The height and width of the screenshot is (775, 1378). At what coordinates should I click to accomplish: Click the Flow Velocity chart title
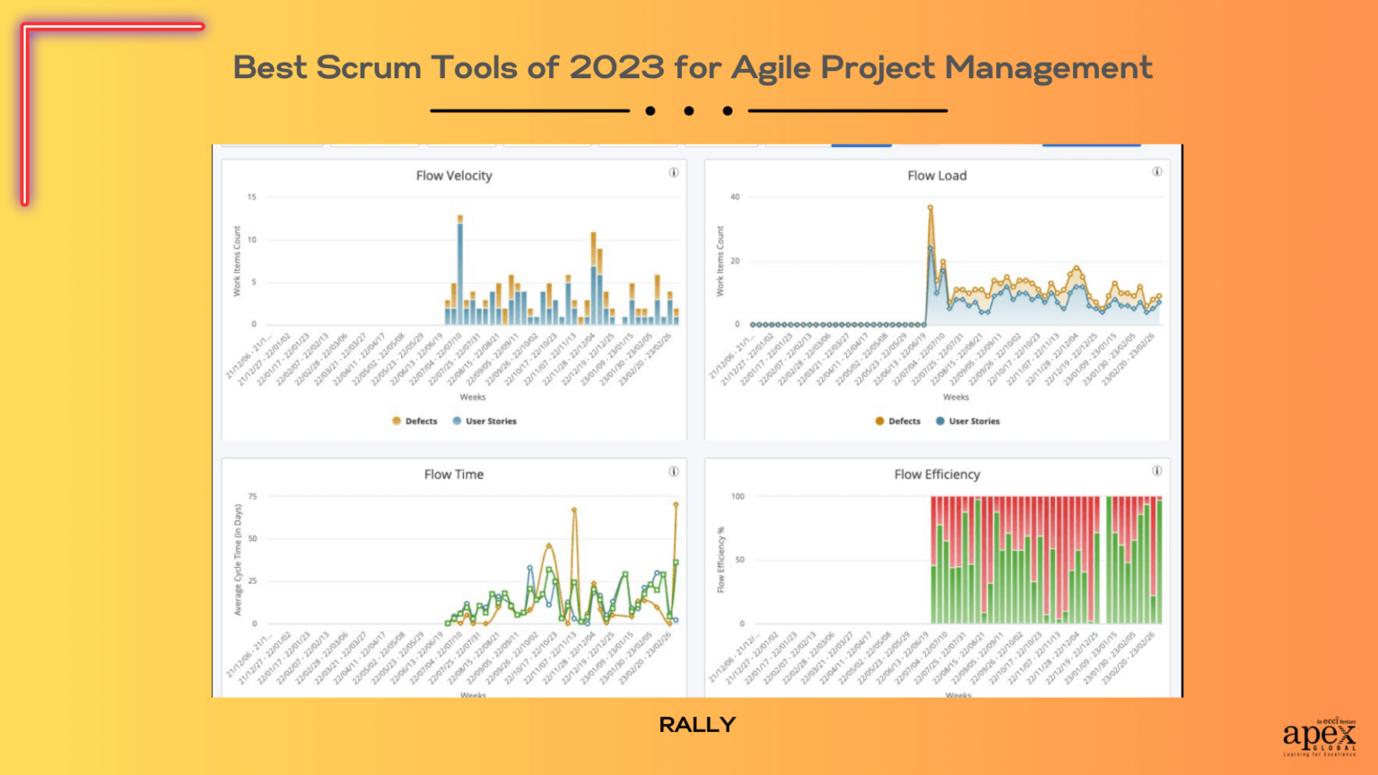tap(454, 176)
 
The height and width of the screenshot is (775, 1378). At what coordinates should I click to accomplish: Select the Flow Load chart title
tap(937, 176)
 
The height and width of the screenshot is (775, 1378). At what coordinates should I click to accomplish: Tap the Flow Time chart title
tap(454, 475)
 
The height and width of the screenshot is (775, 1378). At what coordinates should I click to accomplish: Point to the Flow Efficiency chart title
tap(937, 475)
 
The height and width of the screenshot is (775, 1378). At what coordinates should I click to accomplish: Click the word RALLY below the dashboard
tap(697, 725)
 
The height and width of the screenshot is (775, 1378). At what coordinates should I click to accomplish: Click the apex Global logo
tap(1319, 736)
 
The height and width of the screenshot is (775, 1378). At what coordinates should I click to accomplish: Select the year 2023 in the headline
tap(617, 68)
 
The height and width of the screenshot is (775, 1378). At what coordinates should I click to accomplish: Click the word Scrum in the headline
tap(368, 68)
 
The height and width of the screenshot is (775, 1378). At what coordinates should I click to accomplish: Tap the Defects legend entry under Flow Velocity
tap(414, 421)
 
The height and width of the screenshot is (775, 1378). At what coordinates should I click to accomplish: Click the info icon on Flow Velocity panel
tap(674, 172)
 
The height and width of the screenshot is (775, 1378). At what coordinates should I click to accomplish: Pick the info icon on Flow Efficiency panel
tap(1157, 471)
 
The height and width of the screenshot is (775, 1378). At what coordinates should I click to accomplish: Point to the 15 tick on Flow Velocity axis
tap(252, 196)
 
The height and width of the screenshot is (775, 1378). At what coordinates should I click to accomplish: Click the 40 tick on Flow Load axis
tap(735, 196)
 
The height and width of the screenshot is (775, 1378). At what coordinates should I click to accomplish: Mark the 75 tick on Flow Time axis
tap(252, 496)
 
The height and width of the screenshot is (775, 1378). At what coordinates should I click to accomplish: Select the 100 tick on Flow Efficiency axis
tap(737, 496)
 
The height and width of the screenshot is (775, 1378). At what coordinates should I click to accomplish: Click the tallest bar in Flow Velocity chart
tap(460, 269)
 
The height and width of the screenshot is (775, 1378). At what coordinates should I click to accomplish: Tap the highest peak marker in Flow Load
tap(930, 207)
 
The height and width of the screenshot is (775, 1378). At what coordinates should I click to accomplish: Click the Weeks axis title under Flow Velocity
tap(473, 396)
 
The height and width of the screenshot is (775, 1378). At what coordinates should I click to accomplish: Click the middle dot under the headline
tap(689, 111)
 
